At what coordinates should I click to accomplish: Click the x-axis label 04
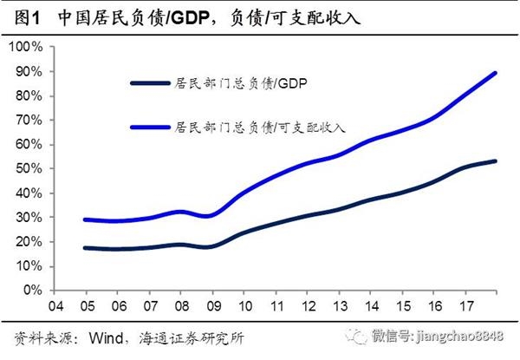[55, 306]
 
